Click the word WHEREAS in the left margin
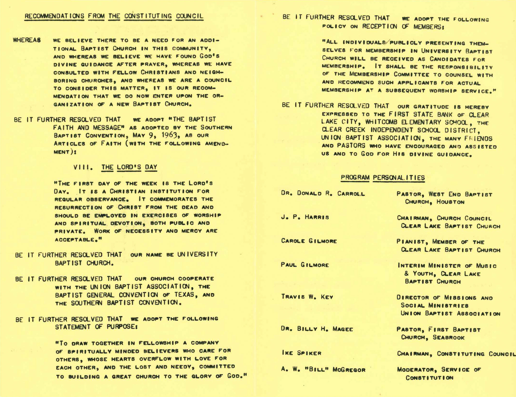tap(27, 40)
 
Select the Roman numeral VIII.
tap(83, 167)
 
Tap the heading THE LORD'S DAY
tap(129, 167)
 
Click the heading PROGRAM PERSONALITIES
tap(383, 178)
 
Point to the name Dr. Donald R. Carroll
tap(323, 193)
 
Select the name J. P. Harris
tap(305, 217)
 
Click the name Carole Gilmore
tap(309, 241)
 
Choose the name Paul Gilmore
tap(305, 265)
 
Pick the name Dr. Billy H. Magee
tap(317, 329)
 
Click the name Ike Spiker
tap(301, 353)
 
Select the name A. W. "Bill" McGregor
tap(323, 369)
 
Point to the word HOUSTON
tap(450, 202)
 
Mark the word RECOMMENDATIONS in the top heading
tap(54, 16)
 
